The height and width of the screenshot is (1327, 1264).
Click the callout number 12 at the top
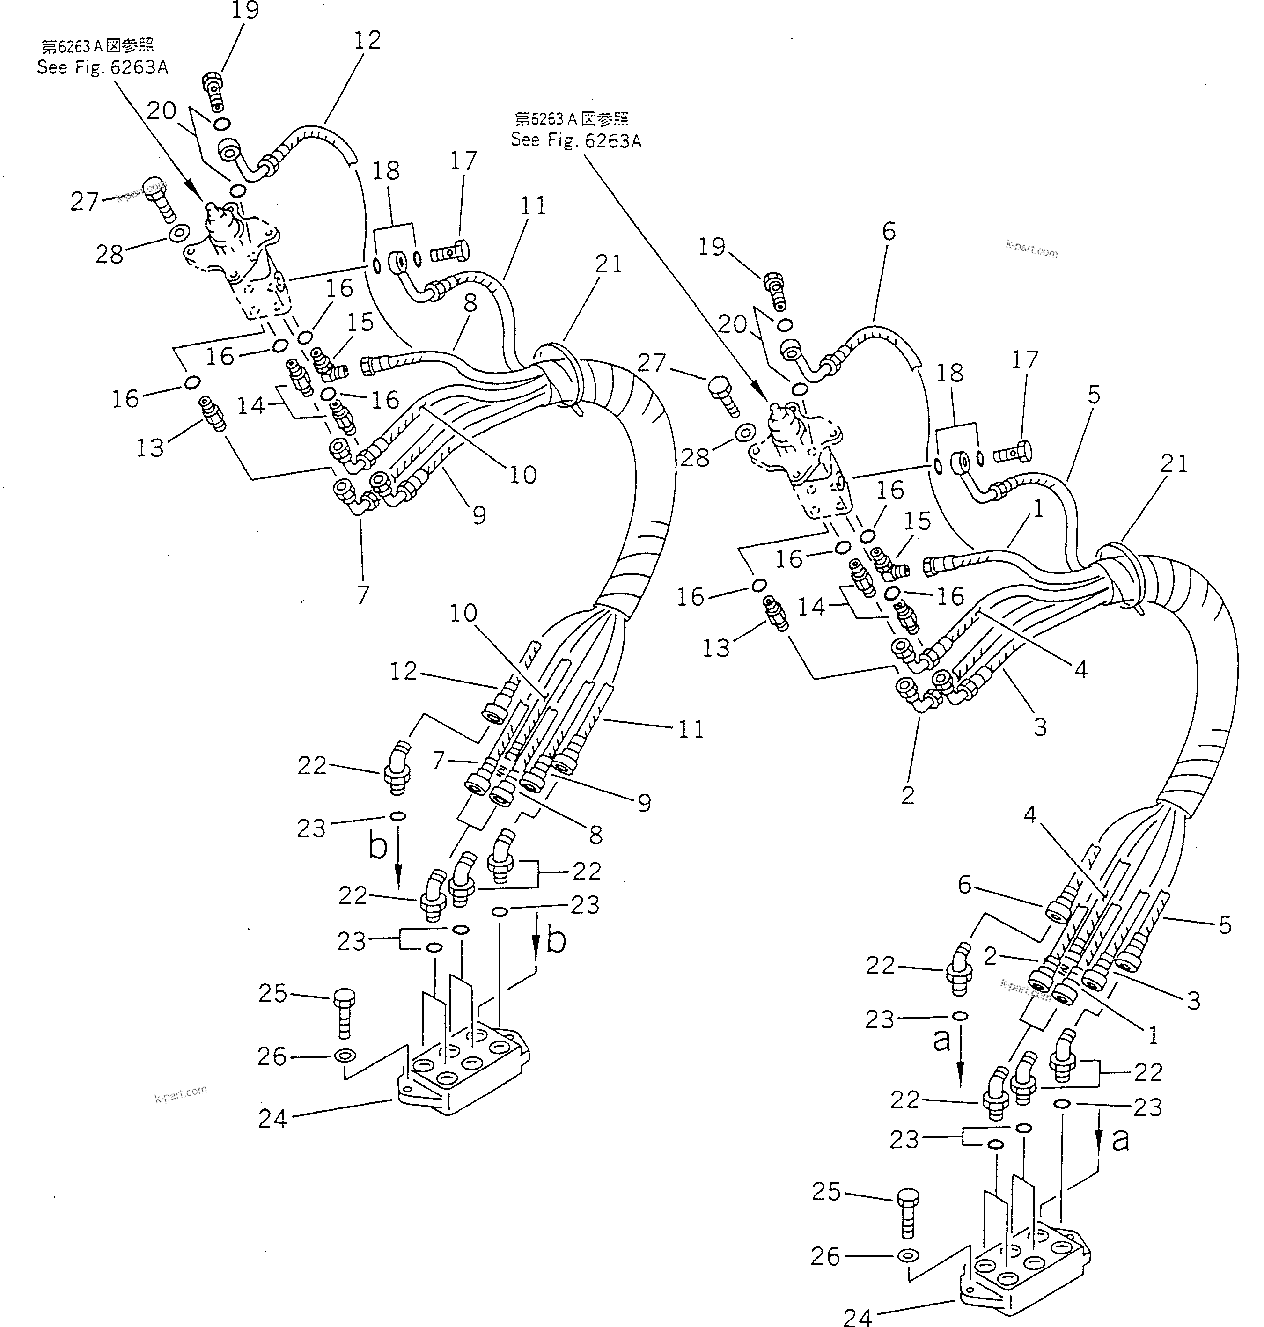[x=367, y=40]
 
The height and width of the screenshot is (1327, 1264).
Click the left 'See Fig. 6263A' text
[x=103, y=67]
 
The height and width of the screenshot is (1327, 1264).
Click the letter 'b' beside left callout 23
[x=378, y=846]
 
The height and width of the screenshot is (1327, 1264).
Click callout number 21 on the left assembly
[x=609, y=264]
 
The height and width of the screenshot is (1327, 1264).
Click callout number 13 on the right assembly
[x=715, y=648]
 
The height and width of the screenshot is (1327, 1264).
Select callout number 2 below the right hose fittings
[x=908, y=795]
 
